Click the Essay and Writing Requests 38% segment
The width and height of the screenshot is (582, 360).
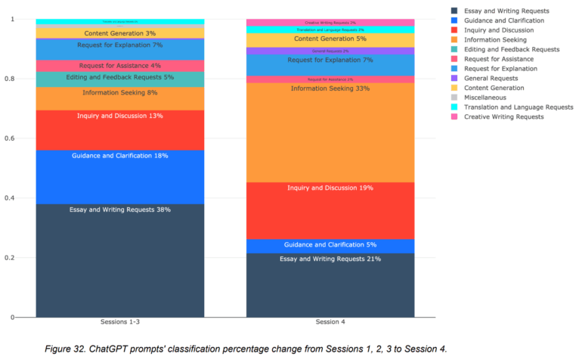click(x=119, y=260)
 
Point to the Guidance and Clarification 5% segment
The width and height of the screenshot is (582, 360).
click(x=330, y=246)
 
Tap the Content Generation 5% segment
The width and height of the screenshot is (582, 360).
click(x=330, y=39)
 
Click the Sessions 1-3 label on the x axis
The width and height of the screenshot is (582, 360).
click(x=119, y=322)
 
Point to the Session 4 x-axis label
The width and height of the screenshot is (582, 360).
click(x=330, y=322)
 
